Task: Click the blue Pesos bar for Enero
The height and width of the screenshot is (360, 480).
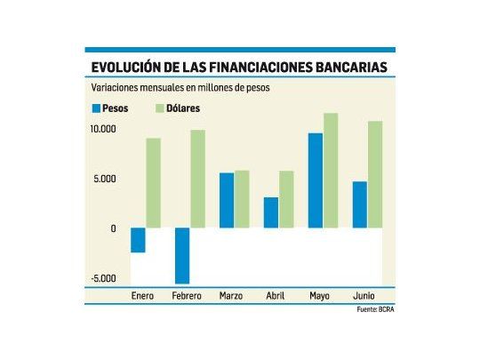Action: coord(138,240)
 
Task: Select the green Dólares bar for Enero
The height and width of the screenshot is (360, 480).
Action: coord(153,183)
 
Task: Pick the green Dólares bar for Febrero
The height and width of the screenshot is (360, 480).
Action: coord(197,180)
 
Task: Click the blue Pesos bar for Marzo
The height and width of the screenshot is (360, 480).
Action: coord(227,201)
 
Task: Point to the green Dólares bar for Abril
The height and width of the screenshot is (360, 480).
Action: coord(286,200)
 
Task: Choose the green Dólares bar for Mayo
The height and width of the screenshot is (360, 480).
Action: coord(331,171)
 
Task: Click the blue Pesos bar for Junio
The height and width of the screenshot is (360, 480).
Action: coord(360,205)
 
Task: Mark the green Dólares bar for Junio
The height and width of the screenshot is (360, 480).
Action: coord(375,175)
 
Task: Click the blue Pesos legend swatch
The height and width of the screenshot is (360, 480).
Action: coord(96,108)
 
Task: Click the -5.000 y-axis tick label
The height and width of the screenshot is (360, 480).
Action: coord(103,278)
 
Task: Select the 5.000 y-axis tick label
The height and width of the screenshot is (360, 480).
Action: coord(106,180)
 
